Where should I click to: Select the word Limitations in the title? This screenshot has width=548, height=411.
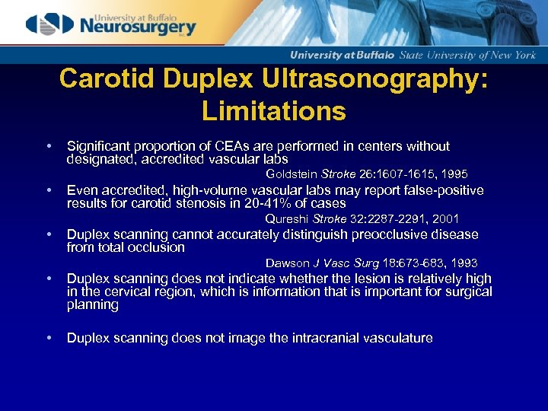pos(274,112)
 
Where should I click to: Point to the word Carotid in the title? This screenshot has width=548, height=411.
pos(103,80)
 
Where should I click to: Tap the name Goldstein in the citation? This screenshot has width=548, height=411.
pos(292,174)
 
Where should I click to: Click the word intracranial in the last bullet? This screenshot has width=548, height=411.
pos(339,338)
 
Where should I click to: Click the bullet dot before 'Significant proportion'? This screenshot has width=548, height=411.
pos(48,146)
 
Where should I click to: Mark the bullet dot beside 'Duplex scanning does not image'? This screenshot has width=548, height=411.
pos(48,338)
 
